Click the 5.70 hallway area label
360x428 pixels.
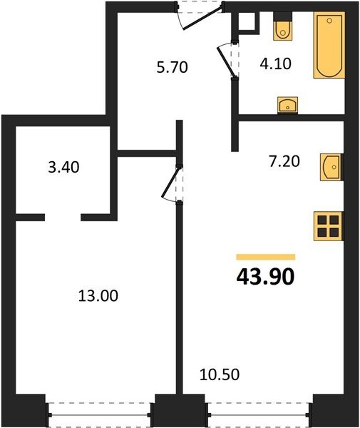pyautogui.click(x=173, y=68)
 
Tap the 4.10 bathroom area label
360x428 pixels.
pyautogui.click(x=276, y=64)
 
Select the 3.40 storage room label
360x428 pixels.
pyautogui.click(x=64, y=167)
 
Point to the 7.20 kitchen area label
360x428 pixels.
pyautogui.click(x=284, y=160)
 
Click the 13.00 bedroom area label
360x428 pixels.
pyautogui.click(x=98, y=296)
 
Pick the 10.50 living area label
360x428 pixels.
pyautogui.click(x=220, y=374)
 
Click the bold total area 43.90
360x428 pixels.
pyautogui.click(x=266, y=277)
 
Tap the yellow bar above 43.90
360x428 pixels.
pyautogui.click(x=266, y=257)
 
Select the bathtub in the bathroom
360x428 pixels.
pyautogui.click(x=329, y=45)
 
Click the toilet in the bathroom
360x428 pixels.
pyautogui.click(x=282, y=27)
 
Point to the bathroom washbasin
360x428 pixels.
pyautogui.click(x=288, y=105)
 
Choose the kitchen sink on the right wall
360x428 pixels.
pyautogui.click(x=331, y=167)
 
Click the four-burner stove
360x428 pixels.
pyautogui.click(x=328, y=226)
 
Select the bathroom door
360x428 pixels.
pyautogui.click(x=228, y=59)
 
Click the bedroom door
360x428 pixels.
pyautogui.click(x=172, y=184)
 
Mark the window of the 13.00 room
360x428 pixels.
pyautogui.click(x=100, y=415)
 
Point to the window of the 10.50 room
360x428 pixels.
pyautogui.click(x=259, y=415)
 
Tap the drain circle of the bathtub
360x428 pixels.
pyautogui.click(x=329, y=21)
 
